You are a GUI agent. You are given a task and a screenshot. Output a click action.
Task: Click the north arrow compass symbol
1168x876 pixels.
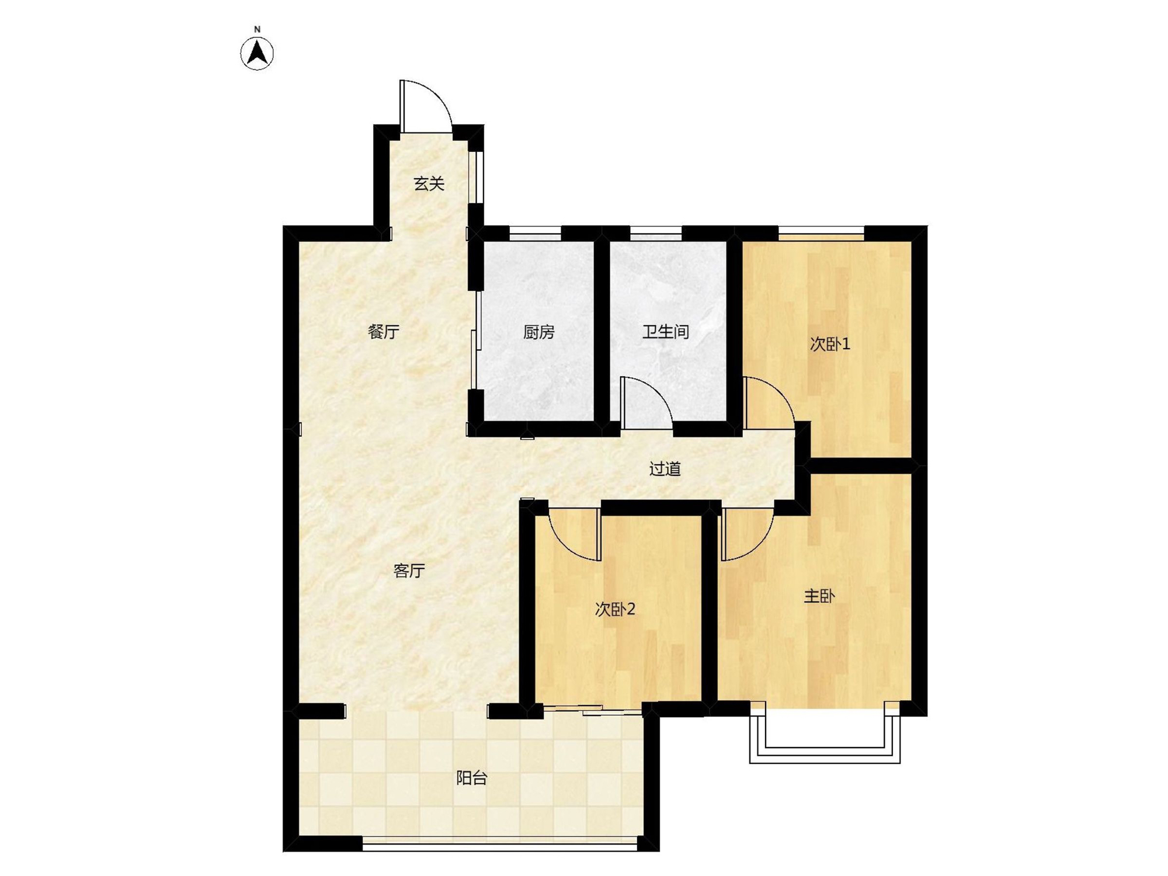pos(257,54)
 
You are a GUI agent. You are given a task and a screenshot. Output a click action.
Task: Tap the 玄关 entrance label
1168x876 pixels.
pos(429,184)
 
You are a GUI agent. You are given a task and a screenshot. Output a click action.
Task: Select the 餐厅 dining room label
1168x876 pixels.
pos(384,332)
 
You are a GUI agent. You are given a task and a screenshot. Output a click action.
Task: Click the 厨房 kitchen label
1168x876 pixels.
pos(538,332)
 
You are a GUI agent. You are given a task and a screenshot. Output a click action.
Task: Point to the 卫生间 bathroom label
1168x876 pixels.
pos(666,332)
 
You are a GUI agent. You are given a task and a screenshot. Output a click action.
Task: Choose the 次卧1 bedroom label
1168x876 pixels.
pos(830,344)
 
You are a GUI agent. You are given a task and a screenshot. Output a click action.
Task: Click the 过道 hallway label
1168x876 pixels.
pos(665,469)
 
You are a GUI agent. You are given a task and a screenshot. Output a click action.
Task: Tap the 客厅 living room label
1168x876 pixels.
pos(409,571)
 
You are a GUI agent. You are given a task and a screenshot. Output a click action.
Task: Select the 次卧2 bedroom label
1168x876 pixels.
pos(615,610)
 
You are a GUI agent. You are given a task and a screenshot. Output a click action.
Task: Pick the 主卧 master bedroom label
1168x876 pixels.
pos(819,596)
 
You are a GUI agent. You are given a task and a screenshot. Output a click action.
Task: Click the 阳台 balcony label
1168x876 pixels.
pos(471,778)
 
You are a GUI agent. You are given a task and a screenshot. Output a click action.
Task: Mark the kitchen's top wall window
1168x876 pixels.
pos(535,234)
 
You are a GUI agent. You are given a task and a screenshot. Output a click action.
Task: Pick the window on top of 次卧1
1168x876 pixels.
pos(821,234)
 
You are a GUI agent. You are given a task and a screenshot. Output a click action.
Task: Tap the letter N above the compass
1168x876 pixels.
pos(257,29)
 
